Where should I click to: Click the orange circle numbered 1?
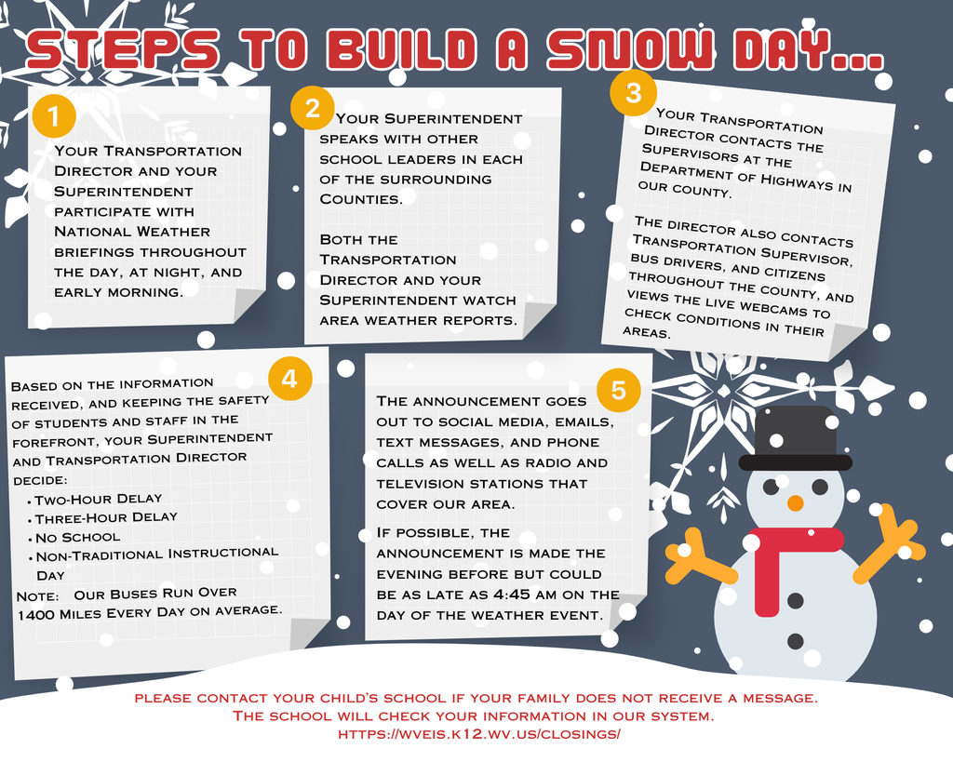click(53, 117)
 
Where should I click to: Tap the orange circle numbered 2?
click(313, 108)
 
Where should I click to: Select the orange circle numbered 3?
click(634, 93)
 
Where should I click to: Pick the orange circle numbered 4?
click(289, 379)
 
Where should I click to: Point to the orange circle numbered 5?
click(619, 390)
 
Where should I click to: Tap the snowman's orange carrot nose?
click(795, 503)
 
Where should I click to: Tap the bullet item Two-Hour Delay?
click(98, 499)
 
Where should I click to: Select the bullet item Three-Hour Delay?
click(105, 517)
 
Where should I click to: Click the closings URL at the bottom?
click(478, 734)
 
